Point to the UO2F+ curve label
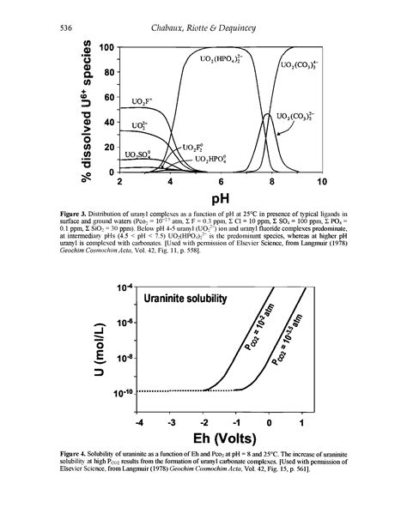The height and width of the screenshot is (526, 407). coord(144,103)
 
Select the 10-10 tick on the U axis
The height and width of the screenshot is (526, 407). coord(121,393)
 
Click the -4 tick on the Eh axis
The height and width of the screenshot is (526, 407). coord(140,423)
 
